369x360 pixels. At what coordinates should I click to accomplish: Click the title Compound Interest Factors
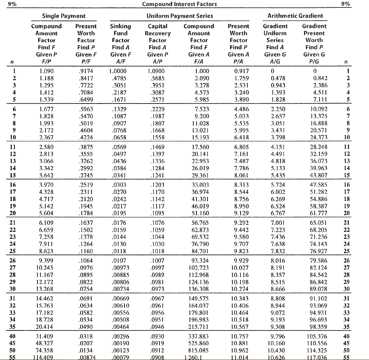(179, 4)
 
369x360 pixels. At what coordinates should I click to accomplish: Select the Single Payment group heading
(64, 16)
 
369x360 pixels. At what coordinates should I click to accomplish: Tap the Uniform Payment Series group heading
(180, 16)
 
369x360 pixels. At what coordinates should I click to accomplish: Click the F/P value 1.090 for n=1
(46, 71)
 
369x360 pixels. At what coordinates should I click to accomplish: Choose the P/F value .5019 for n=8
(86, 123)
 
